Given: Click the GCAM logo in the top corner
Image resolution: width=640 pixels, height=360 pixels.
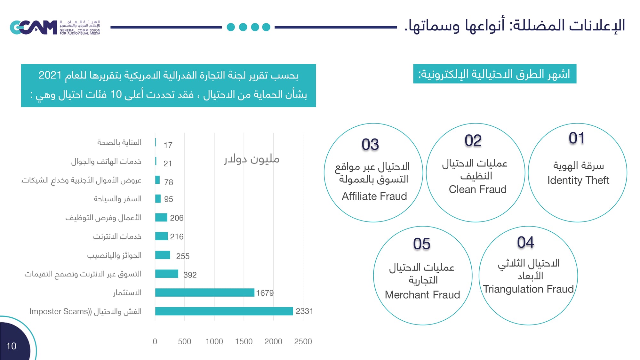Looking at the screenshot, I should [33, 27].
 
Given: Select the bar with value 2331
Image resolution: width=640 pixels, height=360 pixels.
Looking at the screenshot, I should [224, 311].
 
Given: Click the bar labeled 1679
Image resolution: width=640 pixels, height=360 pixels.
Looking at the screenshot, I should [204, 292].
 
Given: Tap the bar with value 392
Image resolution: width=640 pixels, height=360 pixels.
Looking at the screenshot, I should [166, 274].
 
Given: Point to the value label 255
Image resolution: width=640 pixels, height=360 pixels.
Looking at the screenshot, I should [183, 256].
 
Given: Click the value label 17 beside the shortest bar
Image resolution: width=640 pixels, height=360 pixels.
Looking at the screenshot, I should [168, 145].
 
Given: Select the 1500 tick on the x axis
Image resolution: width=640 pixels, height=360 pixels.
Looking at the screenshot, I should [244, 341].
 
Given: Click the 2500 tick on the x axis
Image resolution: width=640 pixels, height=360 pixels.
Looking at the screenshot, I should [303, 341].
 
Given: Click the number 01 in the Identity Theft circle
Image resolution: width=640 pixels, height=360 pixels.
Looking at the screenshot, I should [577, 138].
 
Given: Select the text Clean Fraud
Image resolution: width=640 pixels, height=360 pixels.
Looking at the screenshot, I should [477, 189].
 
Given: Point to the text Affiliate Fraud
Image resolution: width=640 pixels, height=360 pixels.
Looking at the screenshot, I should [374, 196].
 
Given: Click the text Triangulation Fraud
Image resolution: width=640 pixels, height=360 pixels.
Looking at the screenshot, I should [528, 289].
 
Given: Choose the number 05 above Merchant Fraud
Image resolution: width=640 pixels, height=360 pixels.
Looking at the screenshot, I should [421, 244].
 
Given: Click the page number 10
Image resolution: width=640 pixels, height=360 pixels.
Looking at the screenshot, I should [11, 346].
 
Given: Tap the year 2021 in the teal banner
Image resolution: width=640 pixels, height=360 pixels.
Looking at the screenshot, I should [50, 75].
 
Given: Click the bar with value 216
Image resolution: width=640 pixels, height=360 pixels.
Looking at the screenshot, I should [161, 236].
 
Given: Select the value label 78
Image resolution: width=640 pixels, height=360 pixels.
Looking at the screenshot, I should [169, 182].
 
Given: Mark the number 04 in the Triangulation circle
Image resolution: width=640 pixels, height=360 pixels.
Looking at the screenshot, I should [525, 242].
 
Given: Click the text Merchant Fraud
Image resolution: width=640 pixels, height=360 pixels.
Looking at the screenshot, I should [422, 295].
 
